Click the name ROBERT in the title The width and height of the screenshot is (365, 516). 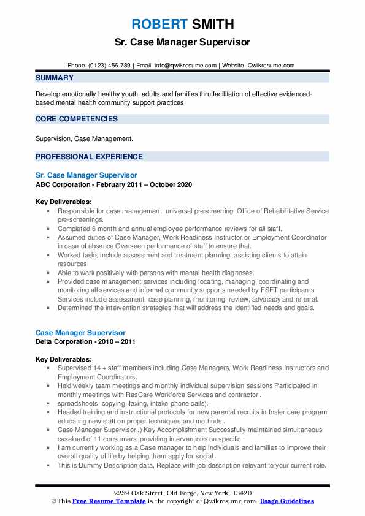(x=158, y=25)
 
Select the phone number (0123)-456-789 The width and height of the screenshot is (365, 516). (x=107, y=65)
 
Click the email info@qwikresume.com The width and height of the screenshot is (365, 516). (x=186, y=65)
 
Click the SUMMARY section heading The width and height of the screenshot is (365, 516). (x=55, y=78)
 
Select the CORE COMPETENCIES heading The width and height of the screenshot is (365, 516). (x=77, y=119)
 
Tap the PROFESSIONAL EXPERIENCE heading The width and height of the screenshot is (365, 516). (x=89, y=156)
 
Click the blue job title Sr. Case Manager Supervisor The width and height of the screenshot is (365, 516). (x=86, y=175)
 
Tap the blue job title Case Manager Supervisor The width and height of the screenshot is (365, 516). (x=80, y=333)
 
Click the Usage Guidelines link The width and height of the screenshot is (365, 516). (x=286, y=501)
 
